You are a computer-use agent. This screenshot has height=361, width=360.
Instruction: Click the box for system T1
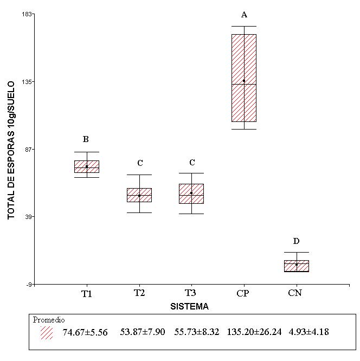pos(87,166)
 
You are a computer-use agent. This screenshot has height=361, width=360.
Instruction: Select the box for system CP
pos(244,78)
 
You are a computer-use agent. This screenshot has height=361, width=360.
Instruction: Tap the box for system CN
pos(297,266)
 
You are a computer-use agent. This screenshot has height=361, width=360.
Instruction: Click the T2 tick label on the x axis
pos(139,293)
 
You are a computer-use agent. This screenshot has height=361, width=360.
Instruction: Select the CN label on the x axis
pos(295,293)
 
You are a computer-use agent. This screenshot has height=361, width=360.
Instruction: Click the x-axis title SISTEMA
pos(190,306)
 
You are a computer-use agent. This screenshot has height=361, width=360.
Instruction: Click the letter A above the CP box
pos(244,15)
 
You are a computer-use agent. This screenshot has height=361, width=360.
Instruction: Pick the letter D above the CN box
pos(297,241)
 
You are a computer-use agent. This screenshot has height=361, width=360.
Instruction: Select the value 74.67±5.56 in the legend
pos(85,332)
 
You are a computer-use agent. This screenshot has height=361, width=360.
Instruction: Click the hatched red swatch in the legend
pos(47,332)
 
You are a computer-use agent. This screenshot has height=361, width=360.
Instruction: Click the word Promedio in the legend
pos(49,320)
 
